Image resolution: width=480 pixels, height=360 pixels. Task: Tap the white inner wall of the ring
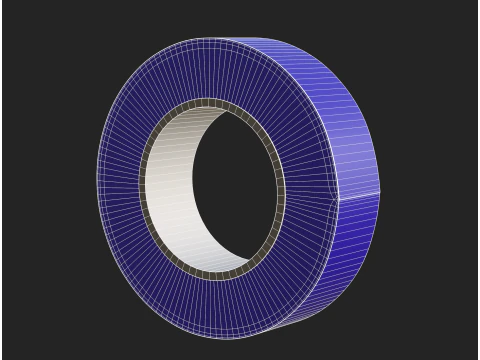pyautogui.click(x=170, y=190)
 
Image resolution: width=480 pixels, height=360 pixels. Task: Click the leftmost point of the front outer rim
pyautogui.click(x=97, y=190)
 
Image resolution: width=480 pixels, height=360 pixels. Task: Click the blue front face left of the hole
pyautogui.click(x=120, y=190)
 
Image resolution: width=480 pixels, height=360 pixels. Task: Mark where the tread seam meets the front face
pyautogui.click(x=338, y=198)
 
